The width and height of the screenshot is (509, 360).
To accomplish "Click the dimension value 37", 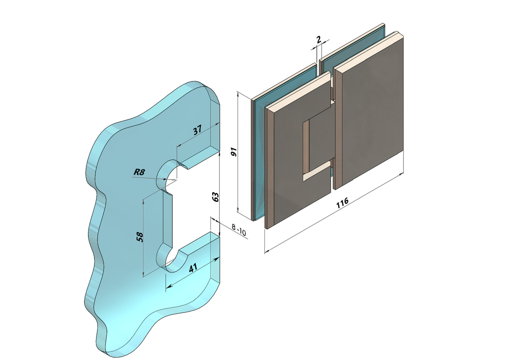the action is (197, 130).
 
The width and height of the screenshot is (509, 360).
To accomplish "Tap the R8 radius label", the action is (139, 172).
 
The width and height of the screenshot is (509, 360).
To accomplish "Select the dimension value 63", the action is (215, 197).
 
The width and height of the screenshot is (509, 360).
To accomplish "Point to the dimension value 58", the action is (140, 237).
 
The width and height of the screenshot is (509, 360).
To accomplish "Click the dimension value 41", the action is (193, 268).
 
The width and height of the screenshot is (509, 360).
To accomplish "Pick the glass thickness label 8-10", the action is (239, 230).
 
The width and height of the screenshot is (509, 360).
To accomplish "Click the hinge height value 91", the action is (234, 152).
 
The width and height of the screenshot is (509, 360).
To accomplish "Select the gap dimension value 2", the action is (319, 40).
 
